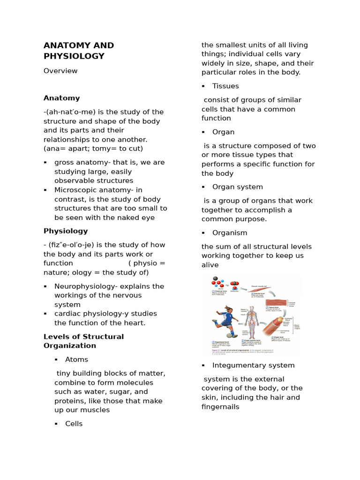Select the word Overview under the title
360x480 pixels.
60,71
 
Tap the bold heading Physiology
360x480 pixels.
66,231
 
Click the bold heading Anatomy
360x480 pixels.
62,98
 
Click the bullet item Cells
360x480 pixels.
74,424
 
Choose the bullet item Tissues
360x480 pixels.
225,86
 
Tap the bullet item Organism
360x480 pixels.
230,233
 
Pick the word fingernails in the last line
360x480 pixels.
220,407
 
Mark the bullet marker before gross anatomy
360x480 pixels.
45,163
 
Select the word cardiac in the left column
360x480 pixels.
67,314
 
